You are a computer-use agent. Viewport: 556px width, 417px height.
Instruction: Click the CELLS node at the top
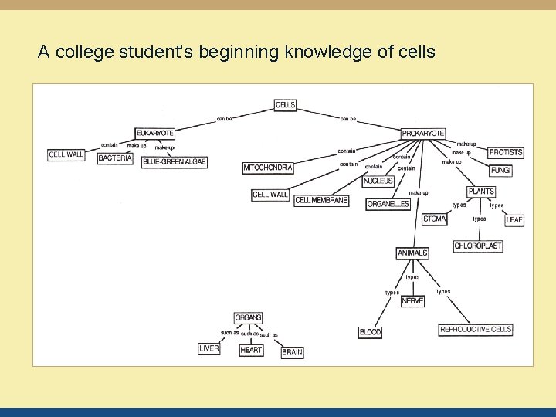[x=286, y=105]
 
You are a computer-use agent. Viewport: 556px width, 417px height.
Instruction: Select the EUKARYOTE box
[x=154, y=133]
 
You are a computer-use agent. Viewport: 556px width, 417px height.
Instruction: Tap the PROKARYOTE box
[x=423, y=133]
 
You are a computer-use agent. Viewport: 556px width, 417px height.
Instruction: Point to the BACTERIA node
[x=115, y=158]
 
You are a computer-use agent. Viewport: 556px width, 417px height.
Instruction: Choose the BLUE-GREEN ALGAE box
[x=175, y=161]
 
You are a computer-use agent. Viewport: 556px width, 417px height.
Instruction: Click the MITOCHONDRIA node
[x=268, y=168]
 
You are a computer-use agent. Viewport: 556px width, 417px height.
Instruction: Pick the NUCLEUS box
[x=378, y=181]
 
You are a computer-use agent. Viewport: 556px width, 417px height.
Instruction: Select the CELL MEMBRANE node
[x=321, y=201]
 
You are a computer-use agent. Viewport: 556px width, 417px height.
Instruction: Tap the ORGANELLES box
[x=388, y=204]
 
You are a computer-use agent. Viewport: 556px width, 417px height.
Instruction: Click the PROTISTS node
[x=506, y=152]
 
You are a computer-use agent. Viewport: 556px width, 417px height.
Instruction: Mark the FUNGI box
[x=500, y=170]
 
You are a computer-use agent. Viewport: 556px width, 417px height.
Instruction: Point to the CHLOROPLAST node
[x=478, y=246]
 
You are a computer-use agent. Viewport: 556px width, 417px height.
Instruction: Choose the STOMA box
[x=435, y=219]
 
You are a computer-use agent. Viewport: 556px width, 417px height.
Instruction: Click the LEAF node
[x=514, y=220]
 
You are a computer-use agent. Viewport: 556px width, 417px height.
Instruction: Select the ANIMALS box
[x=412, y=253]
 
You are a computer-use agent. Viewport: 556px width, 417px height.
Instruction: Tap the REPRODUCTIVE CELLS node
[x=476, y=330]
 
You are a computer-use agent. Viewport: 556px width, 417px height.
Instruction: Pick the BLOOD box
[x=371, y=332]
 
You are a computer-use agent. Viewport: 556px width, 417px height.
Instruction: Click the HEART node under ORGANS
[x=251, y=350]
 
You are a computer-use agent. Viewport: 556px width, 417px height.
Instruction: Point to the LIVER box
[x=209, y=348]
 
